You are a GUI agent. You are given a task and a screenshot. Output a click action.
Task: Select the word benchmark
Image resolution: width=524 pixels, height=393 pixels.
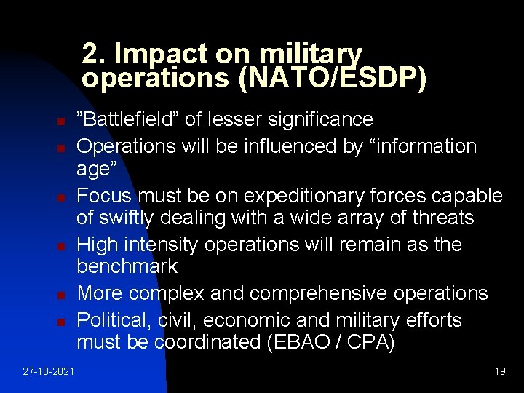point(127,266)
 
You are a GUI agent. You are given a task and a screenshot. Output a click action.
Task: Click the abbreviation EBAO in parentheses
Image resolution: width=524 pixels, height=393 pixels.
point(299,342)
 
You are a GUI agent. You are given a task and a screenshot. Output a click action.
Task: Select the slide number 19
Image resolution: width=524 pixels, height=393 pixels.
point(499,371)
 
